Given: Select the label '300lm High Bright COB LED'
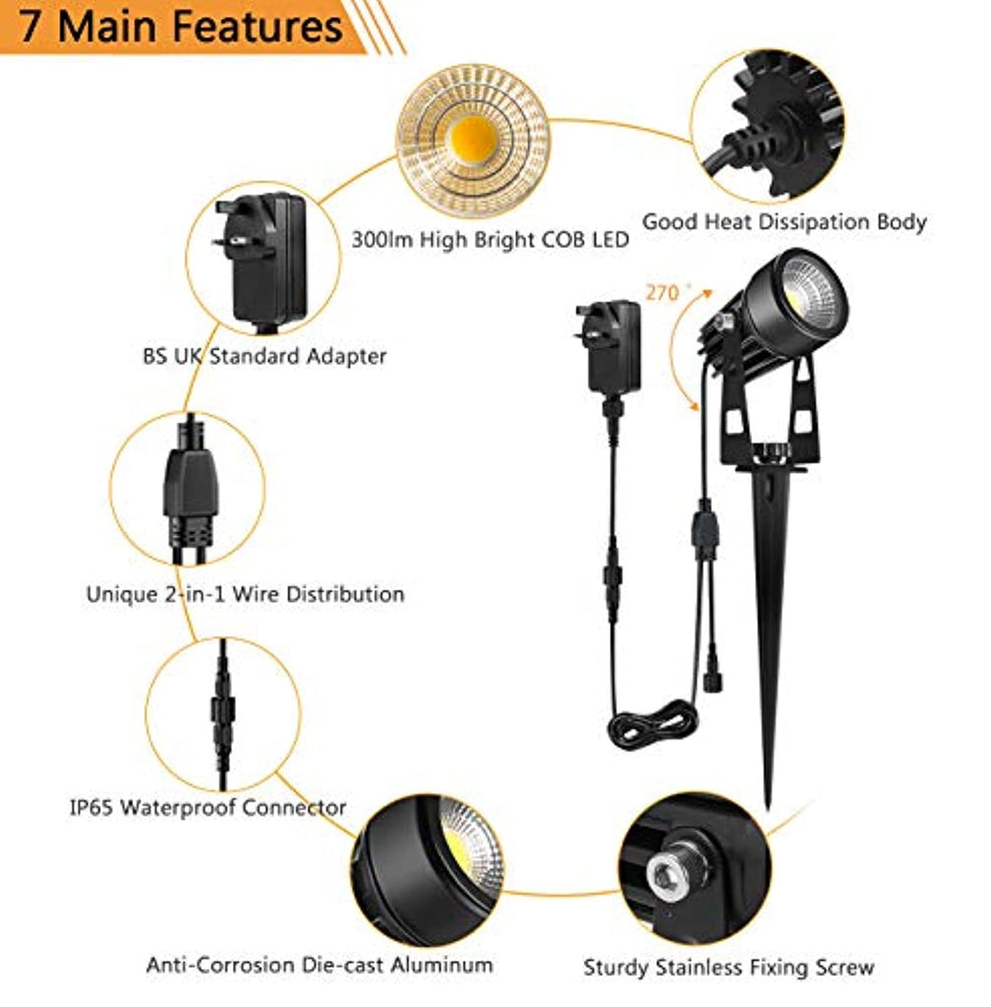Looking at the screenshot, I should click(x=490, y=239).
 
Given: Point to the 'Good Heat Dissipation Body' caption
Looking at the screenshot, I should click(x=784, y=222).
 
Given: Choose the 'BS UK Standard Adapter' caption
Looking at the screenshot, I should click(x=262, y=356).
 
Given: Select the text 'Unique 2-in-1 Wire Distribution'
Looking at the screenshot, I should click(x=245, y=594).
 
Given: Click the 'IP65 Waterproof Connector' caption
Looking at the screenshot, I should click(x=207, y=807).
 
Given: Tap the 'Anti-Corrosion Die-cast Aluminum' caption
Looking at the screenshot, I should click(x=319, y=964).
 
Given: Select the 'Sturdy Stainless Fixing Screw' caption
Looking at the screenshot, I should click(x=729, y=967).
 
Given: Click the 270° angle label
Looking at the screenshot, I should click(x=666, y=292).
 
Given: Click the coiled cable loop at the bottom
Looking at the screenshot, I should click(x=652, y=724).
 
